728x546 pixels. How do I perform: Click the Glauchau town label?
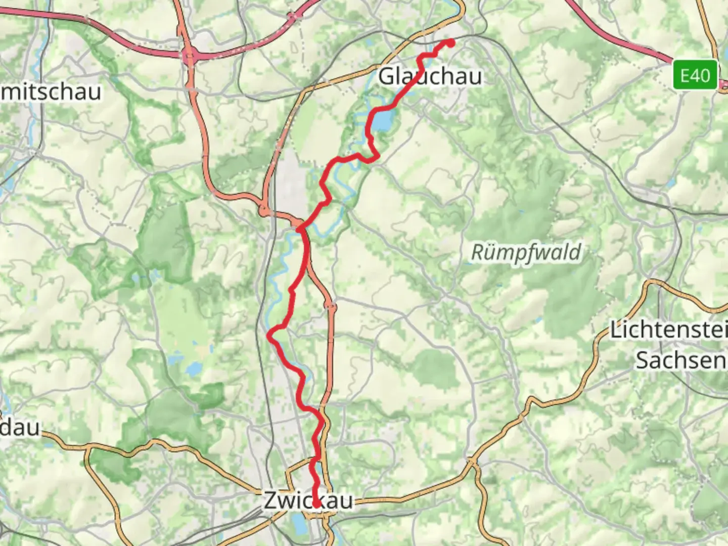430,76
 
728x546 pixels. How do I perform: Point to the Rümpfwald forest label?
526,252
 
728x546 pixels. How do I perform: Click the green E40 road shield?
695,75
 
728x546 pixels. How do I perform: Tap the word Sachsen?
680,360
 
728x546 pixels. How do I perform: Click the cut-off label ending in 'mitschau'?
51,92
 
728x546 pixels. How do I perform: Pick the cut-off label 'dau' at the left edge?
20,427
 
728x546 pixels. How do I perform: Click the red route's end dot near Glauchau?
449,43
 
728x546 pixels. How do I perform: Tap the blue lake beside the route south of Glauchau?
384,120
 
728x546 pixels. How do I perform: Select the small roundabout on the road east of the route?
331,305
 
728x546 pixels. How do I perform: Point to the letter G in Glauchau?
387,76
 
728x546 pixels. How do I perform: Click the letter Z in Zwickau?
270,500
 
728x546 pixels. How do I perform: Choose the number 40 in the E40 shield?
702,75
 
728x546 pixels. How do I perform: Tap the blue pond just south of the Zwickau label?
300,526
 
